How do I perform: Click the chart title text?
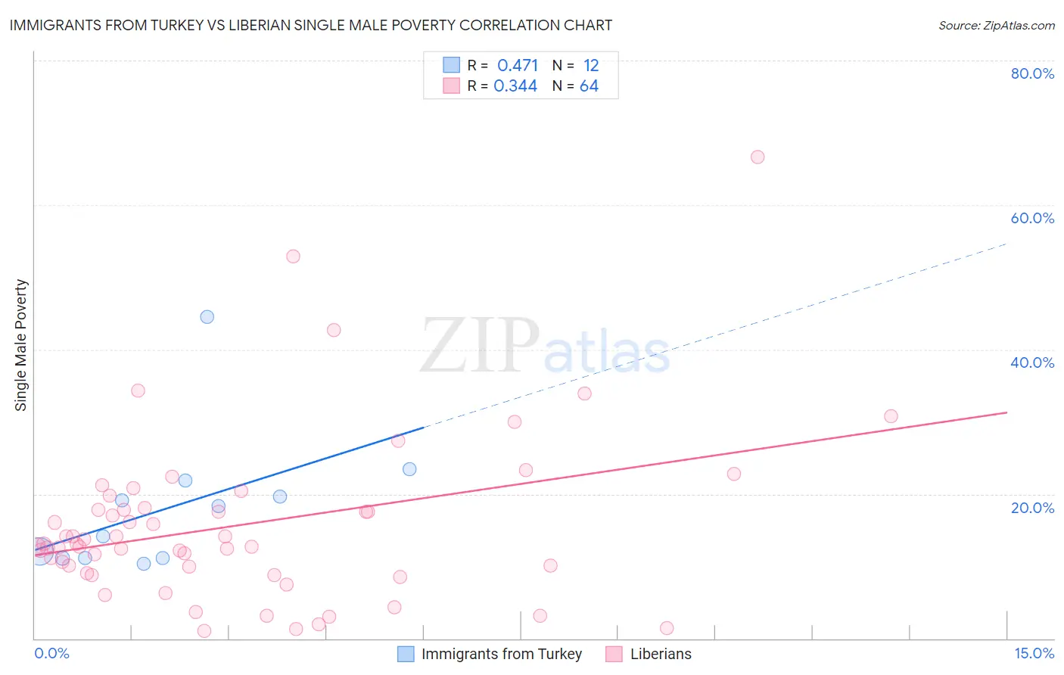point(310,25)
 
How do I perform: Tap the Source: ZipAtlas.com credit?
point(996,26)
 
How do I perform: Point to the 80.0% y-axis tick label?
point(1032,73)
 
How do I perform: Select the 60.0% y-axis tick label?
point(1032,218)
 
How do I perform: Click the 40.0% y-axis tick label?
point(1032,362)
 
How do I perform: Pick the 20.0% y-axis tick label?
point(1032,507)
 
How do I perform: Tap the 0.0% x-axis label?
point(51,653)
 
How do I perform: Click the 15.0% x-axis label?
point(1034,653)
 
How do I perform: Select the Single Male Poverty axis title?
point(20,345)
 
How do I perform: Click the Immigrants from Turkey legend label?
point(501,654)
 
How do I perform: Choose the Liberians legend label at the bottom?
point(661,654)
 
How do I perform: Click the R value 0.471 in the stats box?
point(518,66)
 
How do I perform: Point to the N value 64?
point(589,86)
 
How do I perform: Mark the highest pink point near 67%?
point(758,157)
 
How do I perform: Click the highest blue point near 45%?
point(207,317)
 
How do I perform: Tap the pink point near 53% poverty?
point(293,257)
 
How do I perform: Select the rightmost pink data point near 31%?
point(891,416)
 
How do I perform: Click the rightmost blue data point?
point(409,469)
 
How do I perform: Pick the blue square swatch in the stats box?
point(451,65)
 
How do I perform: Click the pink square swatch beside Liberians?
point(614,654)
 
